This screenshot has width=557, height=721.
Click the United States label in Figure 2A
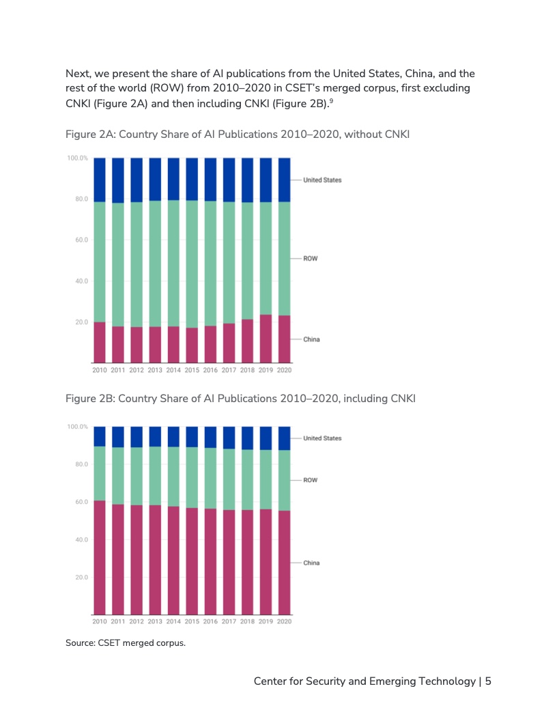pos(322,180)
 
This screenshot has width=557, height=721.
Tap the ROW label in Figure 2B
pos(310,480)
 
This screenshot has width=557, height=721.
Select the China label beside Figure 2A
pos(311,339)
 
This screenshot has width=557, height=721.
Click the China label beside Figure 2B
pos(311,563)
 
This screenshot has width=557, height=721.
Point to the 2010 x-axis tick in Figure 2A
pos(100,370)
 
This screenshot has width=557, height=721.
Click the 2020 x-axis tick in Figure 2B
pos(285,621)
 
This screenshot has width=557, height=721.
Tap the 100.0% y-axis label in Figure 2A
pos(77,158)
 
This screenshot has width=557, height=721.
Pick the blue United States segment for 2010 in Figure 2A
pos(100,180)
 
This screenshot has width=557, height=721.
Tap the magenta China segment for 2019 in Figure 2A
pos(266,339)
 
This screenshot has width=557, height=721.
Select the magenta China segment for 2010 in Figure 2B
pos(100,556)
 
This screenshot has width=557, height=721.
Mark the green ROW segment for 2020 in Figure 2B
pos(285,481)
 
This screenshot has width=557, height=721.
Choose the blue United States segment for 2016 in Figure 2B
pos(211,437)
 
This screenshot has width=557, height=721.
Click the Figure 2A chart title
pos(237,135)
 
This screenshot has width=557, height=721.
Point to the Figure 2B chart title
pos(240,398)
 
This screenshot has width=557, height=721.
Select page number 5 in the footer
pos(488,681)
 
